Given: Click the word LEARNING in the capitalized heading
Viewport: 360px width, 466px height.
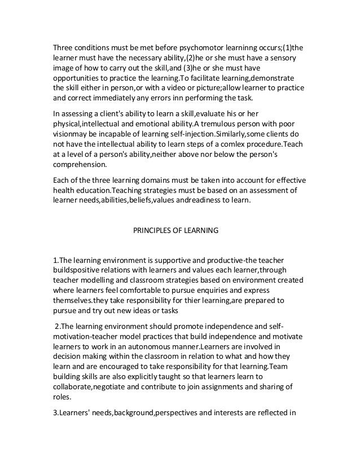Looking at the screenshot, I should click(201, 230).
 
